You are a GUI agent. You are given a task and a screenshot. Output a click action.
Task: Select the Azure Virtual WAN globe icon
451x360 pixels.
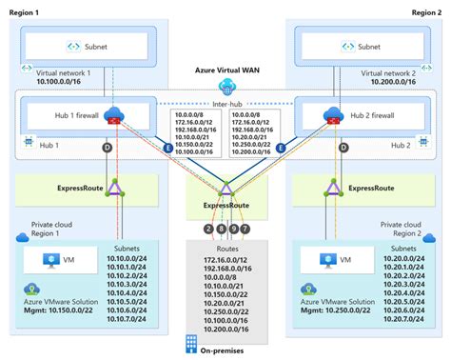[225, 85]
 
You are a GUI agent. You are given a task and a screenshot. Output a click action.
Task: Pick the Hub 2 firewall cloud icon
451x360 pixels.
[336, 114]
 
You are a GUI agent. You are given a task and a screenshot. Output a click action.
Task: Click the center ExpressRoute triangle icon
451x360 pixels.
[225, 187]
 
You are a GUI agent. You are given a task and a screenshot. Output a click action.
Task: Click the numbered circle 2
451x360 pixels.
[208, 229]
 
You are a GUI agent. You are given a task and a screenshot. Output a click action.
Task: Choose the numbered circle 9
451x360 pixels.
[232, 229]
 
